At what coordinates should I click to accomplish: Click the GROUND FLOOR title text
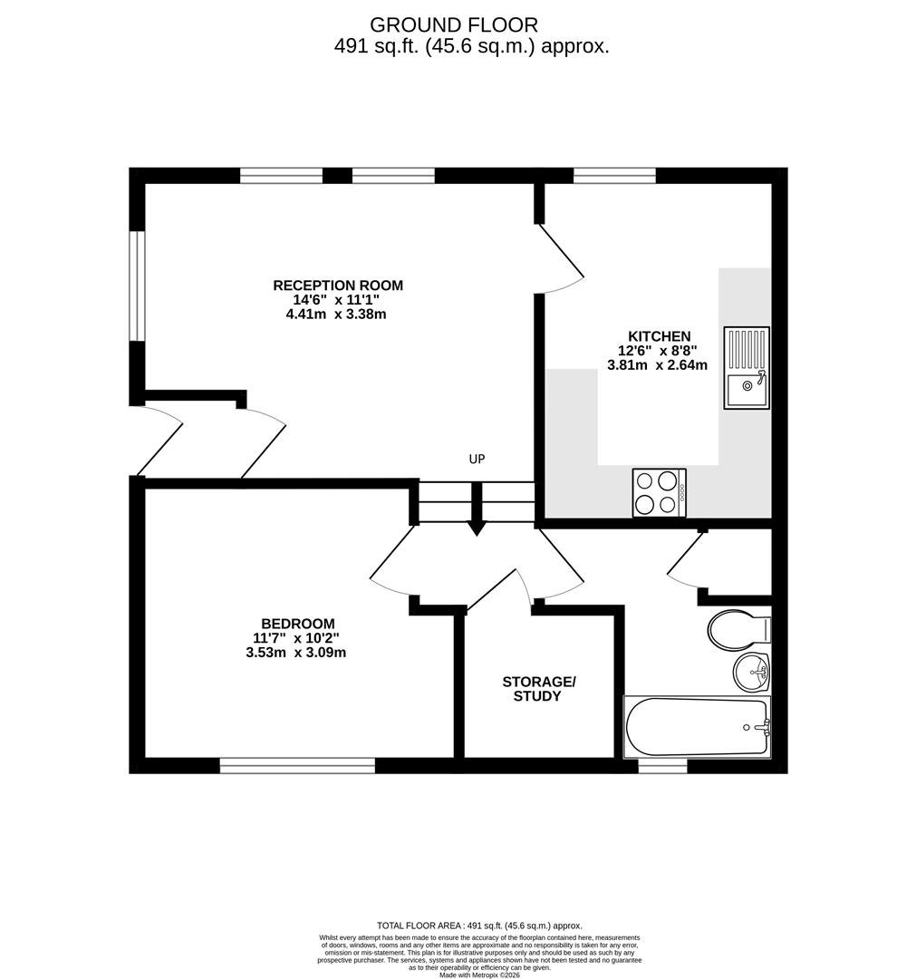coord(454,25)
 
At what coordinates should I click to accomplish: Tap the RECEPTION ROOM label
coord(338,286)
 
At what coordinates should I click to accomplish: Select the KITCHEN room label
coord(659,336)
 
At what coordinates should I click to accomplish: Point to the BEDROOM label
coord(298,623)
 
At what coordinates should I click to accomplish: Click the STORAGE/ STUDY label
coord(538,689)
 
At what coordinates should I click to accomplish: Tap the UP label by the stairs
coord(477,459)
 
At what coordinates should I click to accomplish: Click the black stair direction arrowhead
coord(477,529)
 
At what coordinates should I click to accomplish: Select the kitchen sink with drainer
coord(747,368)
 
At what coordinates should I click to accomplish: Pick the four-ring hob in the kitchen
coord(659,492)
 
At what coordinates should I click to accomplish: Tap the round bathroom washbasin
coord(751,672)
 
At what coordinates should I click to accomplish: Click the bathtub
coord(698,727)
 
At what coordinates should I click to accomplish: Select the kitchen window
coord(614,176)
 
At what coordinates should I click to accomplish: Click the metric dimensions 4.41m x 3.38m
coord(336,314)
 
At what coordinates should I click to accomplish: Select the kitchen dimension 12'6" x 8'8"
coord(657,350)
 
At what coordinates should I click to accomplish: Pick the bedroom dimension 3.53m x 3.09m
coord(295,653)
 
